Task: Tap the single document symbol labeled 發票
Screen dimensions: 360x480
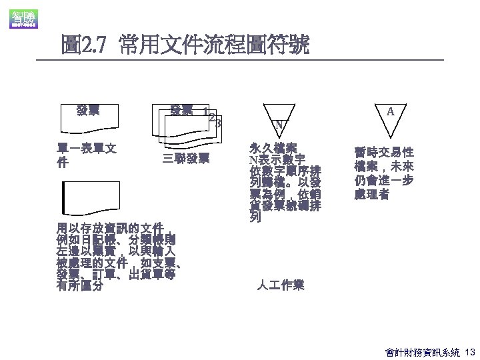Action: click(89, 116)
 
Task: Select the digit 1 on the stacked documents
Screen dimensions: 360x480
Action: click(205, 111)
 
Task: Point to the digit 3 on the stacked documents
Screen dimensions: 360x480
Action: click(218, 123)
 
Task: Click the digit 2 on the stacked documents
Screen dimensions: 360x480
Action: click(212, 117)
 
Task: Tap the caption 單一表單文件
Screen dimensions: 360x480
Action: click(87, 155)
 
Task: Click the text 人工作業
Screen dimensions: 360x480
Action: click(281, 285)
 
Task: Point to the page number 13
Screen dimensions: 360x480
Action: click(469, 351)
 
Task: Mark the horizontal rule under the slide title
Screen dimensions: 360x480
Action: click(240, 61)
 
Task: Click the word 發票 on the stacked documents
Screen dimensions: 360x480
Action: click(182, 109)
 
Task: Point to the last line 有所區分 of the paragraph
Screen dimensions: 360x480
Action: click(80, 287)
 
